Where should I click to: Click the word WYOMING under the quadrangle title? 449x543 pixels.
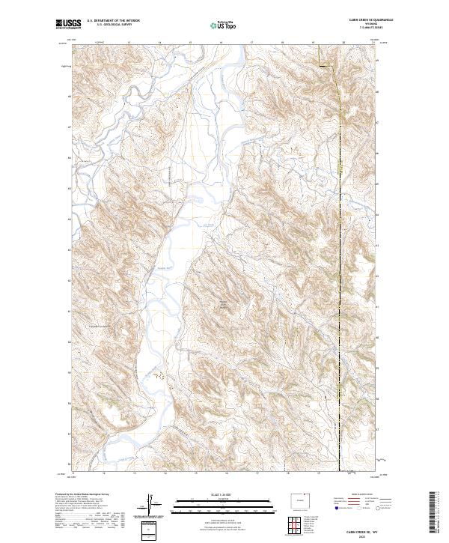tap(364, 25)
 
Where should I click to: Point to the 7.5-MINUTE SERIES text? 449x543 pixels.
tap(364, 28)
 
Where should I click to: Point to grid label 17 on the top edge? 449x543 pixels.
tap(252, 42)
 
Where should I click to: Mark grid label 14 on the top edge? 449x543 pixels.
tap(159, 42)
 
